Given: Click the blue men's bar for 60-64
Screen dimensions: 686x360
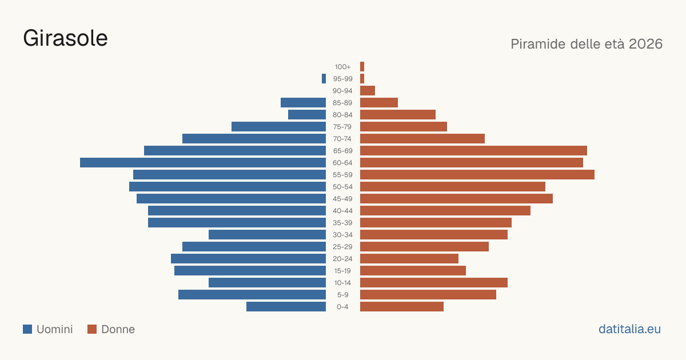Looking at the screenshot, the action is coord(203,162).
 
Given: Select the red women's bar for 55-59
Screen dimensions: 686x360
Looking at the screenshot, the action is coord(477,174).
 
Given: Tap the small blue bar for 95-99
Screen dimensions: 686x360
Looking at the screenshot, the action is coord(324,79).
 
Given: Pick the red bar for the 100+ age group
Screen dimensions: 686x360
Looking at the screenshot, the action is coord(362,66).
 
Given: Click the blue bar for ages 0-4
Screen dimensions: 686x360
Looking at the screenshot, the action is coord(286,306).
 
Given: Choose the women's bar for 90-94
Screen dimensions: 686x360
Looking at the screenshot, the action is coord(368,91).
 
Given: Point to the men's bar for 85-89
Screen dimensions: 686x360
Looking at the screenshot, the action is coord(303,102).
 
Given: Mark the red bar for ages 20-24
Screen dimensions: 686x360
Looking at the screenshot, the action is coord(409,259).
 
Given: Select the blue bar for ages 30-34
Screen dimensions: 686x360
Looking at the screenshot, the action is coord(267,234).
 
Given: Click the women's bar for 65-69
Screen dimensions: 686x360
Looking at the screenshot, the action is coord(473,151).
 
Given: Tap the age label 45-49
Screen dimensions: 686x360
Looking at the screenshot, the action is coord(342,199).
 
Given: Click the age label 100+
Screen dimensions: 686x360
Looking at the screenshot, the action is coord(342,67).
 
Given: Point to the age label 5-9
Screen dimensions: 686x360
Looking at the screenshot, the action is coord(342,295).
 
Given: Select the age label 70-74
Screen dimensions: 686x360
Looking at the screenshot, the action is coord(342,139).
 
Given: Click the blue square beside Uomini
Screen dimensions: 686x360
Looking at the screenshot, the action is coord(27,329).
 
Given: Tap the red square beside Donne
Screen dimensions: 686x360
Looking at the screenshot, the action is coord(92,329).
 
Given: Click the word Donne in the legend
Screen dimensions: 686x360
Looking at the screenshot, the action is coord(118,329).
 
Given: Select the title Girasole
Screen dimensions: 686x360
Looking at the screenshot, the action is coord(65,38).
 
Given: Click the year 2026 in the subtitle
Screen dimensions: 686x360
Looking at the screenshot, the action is coord(645,44).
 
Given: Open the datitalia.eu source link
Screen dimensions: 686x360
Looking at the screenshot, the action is coord(629,329).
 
